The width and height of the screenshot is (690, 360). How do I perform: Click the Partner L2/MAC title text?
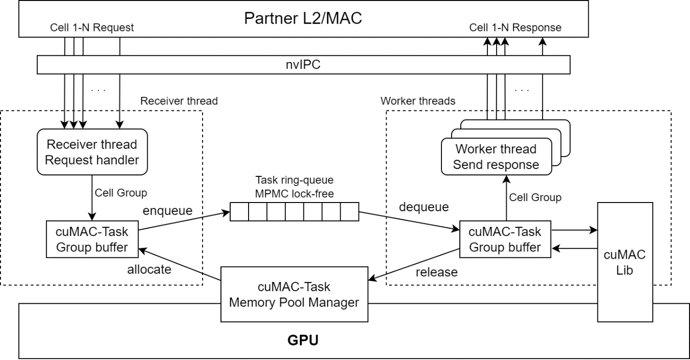pos(303,18)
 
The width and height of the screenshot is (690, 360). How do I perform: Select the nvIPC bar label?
pos(303,64)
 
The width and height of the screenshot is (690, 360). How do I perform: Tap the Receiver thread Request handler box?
pos(92,152)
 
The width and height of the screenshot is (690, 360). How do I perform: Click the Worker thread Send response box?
pos(496,157)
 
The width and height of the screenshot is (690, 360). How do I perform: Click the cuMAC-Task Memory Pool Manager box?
pos(294,294)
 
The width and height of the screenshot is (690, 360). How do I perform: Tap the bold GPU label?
pos(303,340)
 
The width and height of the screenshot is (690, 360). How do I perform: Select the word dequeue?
pos(424,207)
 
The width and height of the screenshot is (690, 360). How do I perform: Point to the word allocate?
pos(149,269)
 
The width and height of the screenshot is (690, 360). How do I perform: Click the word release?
pos(436,272)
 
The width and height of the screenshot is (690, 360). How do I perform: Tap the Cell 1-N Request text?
pos(92,28)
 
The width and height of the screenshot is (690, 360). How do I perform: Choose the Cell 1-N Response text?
pos(515,28)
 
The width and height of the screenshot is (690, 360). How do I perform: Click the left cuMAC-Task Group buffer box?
pos(92,239)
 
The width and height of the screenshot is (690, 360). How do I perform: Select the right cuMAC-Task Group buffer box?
pos(505,239)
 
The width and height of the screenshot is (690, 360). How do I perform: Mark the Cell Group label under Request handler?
pos(121,193)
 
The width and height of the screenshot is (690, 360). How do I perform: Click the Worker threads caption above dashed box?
pos(418,101)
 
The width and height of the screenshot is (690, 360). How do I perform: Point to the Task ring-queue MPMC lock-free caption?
pos(294,188)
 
